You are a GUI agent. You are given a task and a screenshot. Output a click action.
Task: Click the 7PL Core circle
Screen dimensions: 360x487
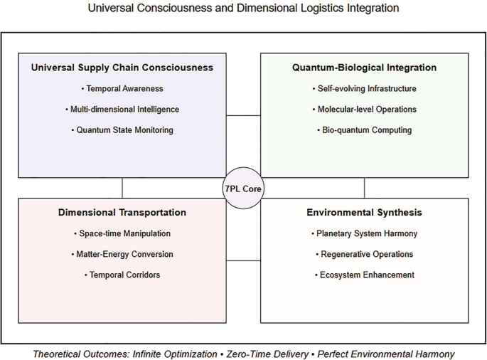243,189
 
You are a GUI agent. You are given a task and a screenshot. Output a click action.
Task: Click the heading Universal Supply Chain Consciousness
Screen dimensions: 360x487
122,68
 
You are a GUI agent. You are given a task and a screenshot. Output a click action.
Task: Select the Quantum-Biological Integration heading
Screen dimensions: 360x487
364,68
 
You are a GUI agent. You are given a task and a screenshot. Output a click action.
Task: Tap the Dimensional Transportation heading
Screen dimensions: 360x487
122,213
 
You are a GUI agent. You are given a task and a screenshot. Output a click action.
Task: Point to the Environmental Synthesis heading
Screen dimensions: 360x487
364,213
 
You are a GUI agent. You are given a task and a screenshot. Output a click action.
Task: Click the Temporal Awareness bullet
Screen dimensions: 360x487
122,89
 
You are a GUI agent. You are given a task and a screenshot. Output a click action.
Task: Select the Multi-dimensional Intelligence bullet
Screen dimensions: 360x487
122,110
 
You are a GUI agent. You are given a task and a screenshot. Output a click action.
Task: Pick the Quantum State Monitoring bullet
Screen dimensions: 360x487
122,130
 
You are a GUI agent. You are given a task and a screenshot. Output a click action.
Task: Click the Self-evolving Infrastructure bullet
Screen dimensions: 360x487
364,89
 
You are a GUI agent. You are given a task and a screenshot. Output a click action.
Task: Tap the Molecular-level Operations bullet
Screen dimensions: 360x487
364,110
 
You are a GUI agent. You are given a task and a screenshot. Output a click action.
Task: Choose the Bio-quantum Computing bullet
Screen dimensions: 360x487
364,130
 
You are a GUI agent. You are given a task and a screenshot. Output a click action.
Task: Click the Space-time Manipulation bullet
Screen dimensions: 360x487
122,233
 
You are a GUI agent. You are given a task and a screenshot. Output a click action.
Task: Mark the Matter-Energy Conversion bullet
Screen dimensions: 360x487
122,254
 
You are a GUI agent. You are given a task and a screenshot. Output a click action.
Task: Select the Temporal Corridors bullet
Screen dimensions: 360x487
122,275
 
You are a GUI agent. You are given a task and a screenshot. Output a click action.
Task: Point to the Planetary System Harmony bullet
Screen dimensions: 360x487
364,233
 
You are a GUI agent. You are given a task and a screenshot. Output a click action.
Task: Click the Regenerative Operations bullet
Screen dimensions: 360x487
364,254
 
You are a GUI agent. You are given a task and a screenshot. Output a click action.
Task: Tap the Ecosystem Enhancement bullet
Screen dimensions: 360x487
364,275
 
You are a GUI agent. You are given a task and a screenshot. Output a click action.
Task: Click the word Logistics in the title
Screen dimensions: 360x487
330,9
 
